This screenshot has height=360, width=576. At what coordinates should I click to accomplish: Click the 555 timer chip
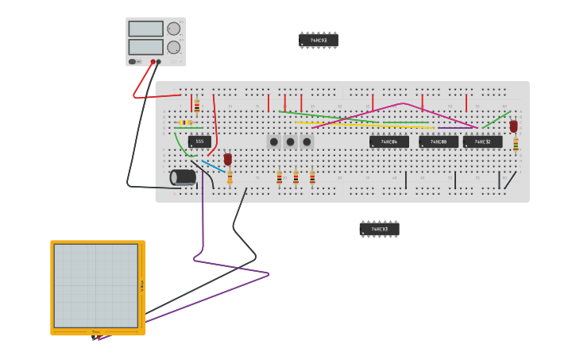pos(199,141)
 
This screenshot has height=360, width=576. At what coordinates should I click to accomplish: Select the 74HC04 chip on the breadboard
pos(389,141)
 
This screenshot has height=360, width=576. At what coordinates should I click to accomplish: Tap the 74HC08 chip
pos(439,141)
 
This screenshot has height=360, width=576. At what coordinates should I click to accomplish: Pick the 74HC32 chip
pos(483,141)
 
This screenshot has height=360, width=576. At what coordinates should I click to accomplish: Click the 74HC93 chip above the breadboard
pos(319,40)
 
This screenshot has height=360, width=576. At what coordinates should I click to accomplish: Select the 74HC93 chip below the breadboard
pos(379,229)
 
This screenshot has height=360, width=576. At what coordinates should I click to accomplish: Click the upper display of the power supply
pos(145,29)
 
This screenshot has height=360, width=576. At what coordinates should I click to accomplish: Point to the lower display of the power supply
pos(145,47)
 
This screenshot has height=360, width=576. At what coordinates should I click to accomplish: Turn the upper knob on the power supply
pos(173,29)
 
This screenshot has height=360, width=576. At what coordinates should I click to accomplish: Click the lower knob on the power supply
pos(173,47)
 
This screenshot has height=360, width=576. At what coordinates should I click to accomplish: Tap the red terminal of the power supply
pos(153,61)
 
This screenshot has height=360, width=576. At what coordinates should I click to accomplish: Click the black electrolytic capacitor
pos(184,176)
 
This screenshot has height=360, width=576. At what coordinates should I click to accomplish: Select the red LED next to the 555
pos(228,159)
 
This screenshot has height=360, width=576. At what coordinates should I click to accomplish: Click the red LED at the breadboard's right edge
pos(514,126)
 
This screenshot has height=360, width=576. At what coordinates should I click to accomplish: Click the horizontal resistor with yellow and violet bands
pos(187,122)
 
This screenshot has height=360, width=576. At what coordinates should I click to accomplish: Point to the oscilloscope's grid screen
pos(95,285)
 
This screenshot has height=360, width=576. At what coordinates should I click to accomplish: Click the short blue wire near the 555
pos(213,166)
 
